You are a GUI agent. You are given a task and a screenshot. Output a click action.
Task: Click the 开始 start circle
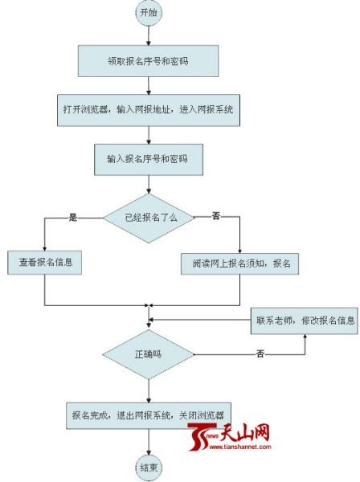(x=149, y=13)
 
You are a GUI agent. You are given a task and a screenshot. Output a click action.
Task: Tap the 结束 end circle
(x=149, y=468)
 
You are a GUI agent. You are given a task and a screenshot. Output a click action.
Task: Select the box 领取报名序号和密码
(x=148, y=61)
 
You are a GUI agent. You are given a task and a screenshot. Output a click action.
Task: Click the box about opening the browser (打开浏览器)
(x=149, y=110)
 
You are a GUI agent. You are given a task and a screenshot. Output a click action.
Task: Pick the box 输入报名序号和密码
(x=149, y=160)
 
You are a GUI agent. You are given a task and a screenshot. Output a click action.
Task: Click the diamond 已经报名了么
(x=149, y=218)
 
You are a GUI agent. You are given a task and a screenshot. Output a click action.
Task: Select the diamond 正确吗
(x=149, y=354)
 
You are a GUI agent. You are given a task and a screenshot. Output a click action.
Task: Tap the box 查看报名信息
(x=44, y=263)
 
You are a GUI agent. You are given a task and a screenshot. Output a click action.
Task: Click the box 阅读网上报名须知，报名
(x=239, y=263)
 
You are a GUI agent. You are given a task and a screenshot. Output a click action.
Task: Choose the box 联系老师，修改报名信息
(x=305, y=321)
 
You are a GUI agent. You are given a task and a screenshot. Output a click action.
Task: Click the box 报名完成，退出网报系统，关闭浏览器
(x=149, y=415)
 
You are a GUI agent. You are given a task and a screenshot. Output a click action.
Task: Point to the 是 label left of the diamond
(x=73, y=218)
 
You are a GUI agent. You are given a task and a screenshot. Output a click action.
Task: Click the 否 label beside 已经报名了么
(x=216, y=216)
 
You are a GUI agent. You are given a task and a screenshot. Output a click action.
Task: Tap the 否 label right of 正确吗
(x=260, y=353)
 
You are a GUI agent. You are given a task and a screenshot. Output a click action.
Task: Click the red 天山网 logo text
(x=245, y=432)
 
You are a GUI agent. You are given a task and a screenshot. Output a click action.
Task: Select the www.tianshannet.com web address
(x=240, y=447)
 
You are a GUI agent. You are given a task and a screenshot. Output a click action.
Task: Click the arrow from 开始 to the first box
(x=149, y=35)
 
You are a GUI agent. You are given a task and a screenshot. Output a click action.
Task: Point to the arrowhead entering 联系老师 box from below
(x=305, y=337)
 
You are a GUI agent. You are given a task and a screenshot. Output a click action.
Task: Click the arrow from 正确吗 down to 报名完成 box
(x=149, y=391)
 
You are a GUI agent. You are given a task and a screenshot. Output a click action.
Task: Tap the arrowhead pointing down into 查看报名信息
(x=45, y=248)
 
